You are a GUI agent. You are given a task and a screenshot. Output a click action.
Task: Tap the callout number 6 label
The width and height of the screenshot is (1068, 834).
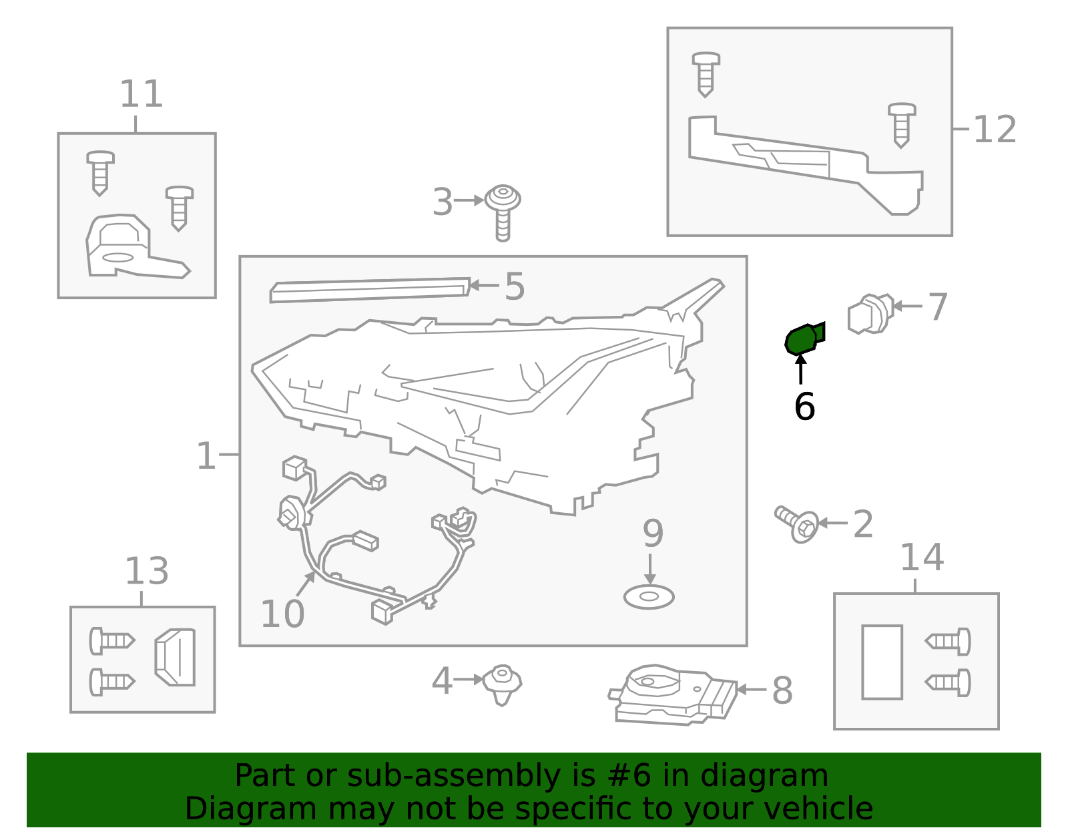click(804, 407)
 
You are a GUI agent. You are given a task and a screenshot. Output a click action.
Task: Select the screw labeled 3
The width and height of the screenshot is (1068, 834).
click(503, 213)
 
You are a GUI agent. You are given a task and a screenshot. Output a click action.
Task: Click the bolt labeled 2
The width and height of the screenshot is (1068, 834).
click(797, 524)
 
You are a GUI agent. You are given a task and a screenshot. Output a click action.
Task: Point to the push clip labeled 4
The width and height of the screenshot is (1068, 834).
click(502, 684)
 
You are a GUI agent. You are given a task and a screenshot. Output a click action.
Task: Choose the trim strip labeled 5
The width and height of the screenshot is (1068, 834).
click(370, 290)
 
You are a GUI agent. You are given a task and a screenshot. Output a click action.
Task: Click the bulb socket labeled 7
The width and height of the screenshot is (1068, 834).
click(870, 314)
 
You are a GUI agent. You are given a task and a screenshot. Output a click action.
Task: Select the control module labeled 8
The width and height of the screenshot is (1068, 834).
click(673, 695)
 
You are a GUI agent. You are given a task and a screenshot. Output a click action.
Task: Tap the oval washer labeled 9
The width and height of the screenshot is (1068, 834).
click(649, 597)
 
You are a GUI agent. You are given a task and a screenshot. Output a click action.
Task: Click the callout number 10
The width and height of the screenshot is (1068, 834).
click(282, 614)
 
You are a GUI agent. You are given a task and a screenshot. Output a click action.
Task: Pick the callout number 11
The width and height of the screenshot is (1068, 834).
click(142, 94)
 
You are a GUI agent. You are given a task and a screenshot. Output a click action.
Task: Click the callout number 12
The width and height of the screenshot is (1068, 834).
click(995, 130)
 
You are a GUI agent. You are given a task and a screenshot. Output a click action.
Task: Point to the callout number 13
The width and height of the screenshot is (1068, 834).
click(147, 571)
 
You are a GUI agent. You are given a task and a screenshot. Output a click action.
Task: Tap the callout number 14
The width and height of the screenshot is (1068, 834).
click(922, 558)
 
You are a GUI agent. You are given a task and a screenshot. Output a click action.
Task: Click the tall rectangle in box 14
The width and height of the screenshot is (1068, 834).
click(882, 662)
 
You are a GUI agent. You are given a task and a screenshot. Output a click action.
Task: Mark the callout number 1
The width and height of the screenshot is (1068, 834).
click(206, 455)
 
